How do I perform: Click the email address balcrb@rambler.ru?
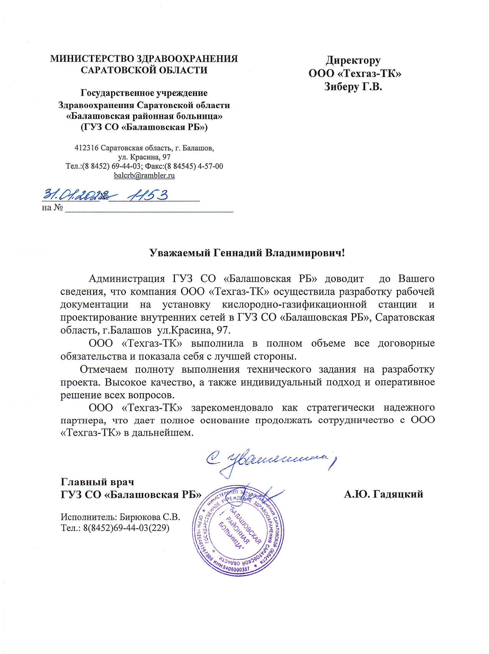[144, 175]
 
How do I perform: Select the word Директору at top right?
[353, 60]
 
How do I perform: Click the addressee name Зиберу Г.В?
[353, 87]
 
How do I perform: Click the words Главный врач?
[97, 482]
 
